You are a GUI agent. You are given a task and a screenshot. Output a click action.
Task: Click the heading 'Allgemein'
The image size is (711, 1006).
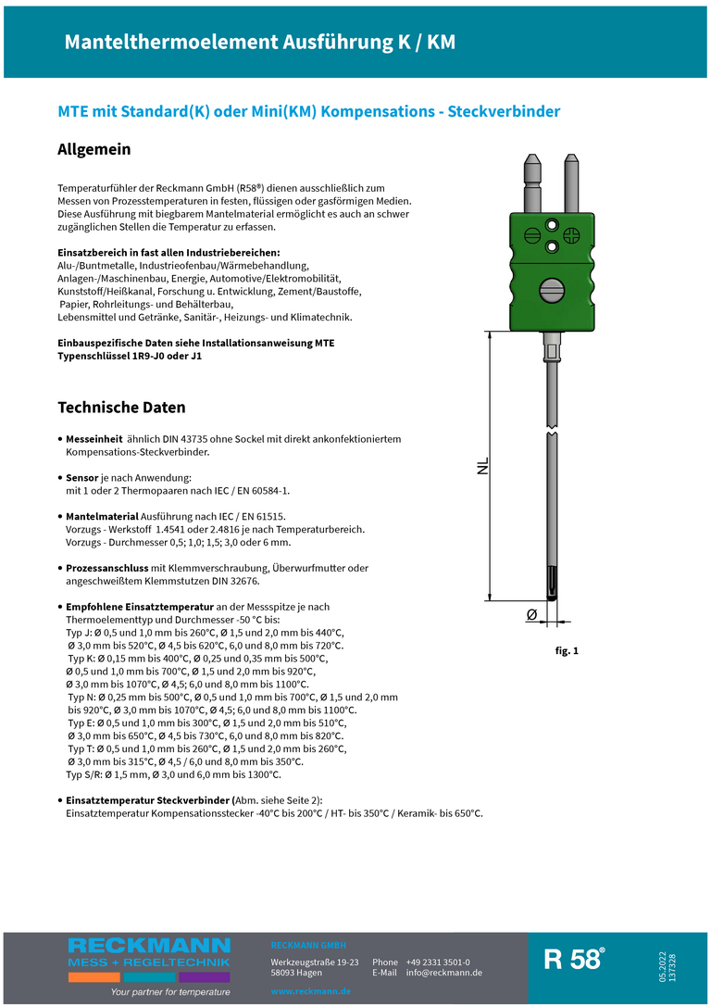coord(94,149)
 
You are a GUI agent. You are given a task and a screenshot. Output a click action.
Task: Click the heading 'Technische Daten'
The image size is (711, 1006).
coord(121,408)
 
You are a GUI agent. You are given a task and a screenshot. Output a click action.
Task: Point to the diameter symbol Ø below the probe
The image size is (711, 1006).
coord(532,614)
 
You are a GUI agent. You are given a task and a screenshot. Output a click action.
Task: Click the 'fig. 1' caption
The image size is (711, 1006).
coord(567,651)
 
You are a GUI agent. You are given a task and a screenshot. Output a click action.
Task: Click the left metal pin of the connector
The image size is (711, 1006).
coord(534,180)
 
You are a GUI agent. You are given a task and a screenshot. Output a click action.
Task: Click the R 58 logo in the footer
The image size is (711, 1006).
coord(574,959)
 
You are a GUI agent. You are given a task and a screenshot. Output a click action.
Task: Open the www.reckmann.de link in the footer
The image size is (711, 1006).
coord(310,991)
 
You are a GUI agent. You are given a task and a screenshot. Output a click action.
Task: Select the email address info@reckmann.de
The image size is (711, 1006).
coord(444,973)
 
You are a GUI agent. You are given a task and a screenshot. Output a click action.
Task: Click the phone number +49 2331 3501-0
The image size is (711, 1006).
coord(438,962)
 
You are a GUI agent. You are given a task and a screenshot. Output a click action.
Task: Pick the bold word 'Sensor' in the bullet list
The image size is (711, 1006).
coord(82,477)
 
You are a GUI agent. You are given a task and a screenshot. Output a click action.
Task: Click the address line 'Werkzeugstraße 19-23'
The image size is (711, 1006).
coord(315,962)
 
